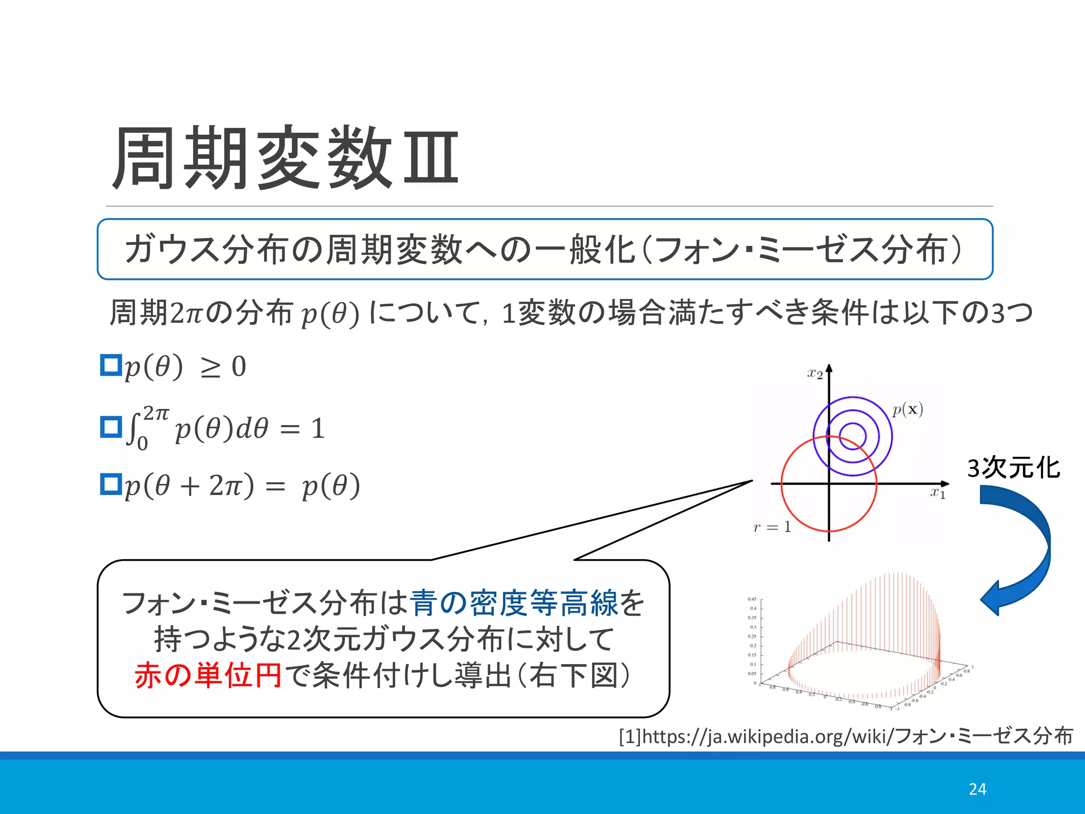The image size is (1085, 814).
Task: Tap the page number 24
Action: [977, 789]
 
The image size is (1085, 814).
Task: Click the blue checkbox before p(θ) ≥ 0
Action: [111, 365]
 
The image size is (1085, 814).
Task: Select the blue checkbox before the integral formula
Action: [111, 427]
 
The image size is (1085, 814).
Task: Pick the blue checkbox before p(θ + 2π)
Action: [111, 484]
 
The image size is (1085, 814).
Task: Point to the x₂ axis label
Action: [815, 374]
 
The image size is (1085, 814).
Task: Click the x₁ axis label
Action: [938, 493]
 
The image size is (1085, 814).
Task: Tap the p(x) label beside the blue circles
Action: [908, 410]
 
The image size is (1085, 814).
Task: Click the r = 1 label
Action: [772, 527]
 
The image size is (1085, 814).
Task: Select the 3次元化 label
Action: [1013, 468]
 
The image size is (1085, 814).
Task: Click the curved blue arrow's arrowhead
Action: [990, 599]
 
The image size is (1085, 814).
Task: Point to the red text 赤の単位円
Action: [208, 676]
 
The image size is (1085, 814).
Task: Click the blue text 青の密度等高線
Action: [513, 603]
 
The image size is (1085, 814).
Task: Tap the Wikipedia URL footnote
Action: [846, 736]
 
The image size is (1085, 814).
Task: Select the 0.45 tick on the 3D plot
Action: [752, 599]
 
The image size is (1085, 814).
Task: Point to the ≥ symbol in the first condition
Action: [210, 367]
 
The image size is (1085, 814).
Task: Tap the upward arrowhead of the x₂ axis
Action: [829, 368]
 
